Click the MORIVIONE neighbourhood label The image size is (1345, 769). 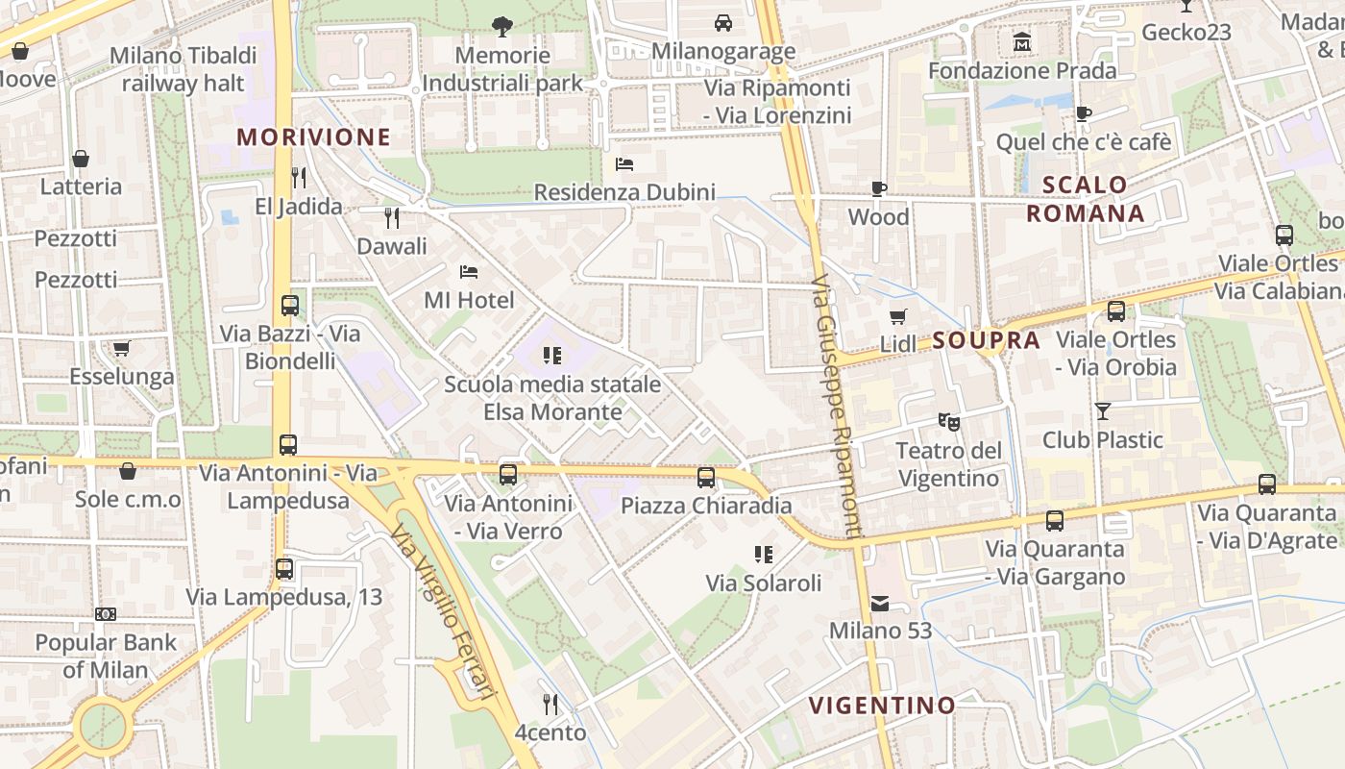(x=314, y=136)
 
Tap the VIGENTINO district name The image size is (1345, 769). (x=882, y=706)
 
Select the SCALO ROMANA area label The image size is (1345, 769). (x=1085, y=199)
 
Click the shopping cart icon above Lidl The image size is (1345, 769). (x=898, y=316)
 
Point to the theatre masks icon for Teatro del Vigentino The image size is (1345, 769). (x=948, y=421)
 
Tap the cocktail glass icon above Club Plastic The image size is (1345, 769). (x=1102, y=410)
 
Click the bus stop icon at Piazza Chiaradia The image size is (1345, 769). (x=706, y=477)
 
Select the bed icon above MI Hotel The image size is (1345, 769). (x=469, y=272)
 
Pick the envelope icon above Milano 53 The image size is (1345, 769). (x=880, y=604)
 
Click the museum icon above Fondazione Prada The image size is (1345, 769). (x=1022, y=43)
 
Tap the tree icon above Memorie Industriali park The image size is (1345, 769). (x=501, y=26)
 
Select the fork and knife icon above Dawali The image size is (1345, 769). (x=391, y=218)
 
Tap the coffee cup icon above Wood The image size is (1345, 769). (x=878, y=188)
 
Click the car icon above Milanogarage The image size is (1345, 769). (x=722, y=22)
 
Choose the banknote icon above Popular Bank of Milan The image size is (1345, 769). (x=106, y=614)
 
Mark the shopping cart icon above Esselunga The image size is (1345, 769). (x=121, y=348)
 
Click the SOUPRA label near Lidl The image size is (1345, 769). (x=986, y=340)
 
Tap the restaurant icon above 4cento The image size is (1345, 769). (x=550, y=705)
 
